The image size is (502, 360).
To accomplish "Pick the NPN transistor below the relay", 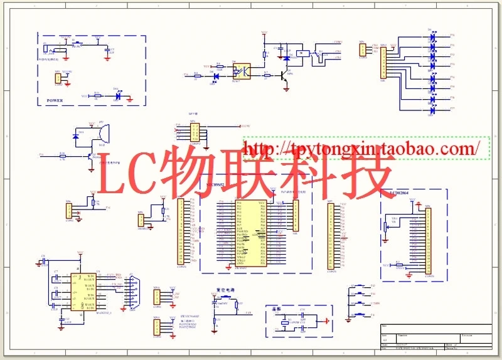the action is click(286, 77).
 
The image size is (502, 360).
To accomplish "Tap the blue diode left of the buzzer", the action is click(77, 135).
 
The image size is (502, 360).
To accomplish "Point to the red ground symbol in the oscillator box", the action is click(326, 322).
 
